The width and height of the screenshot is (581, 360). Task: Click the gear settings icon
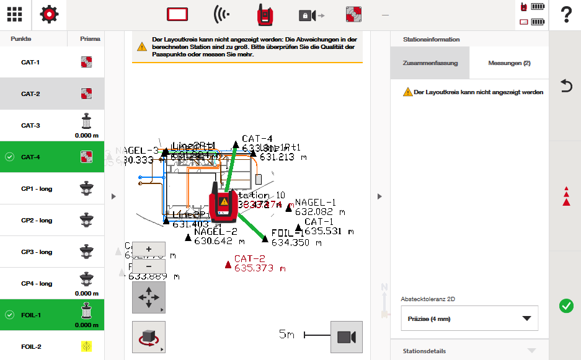[x=50, y=15]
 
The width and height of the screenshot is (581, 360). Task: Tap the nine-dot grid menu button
[x=15, y=15]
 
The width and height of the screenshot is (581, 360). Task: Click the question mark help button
[x=565, y=15]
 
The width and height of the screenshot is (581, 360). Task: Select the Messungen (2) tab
[x=509, y=63]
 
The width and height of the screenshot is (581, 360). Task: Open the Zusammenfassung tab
[x=430, y=63]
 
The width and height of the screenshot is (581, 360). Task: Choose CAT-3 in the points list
[x=31, y=126]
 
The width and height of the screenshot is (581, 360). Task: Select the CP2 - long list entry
[x=37, y=221]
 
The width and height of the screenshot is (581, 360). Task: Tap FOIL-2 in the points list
[x=31, y=347]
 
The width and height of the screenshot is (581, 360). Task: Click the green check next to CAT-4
[x=9, y=157]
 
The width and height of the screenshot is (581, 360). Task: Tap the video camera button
[x=346, y=337]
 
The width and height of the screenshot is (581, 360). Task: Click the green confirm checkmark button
[x=565, y=305]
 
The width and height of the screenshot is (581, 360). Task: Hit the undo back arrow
[x=565, y=86]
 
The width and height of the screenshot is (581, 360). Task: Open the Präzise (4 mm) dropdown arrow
[x=526, y=318]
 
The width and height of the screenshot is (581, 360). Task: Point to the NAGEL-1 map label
[x=316, y=203]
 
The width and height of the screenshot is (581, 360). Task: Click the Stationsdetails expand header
[x=469, y=351]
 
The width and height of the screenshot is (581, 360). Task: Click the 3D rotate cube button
[x=149, y=337]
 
